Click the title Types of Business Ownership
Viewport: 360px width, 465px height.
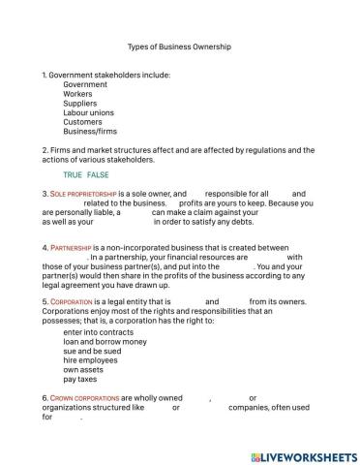[179, 46]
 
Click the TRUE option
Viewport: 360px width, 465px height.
[73, 174]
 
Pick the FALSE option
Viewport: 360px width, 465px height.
[98, 174]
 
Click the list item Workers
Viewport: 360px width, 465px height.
[78, 94]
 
